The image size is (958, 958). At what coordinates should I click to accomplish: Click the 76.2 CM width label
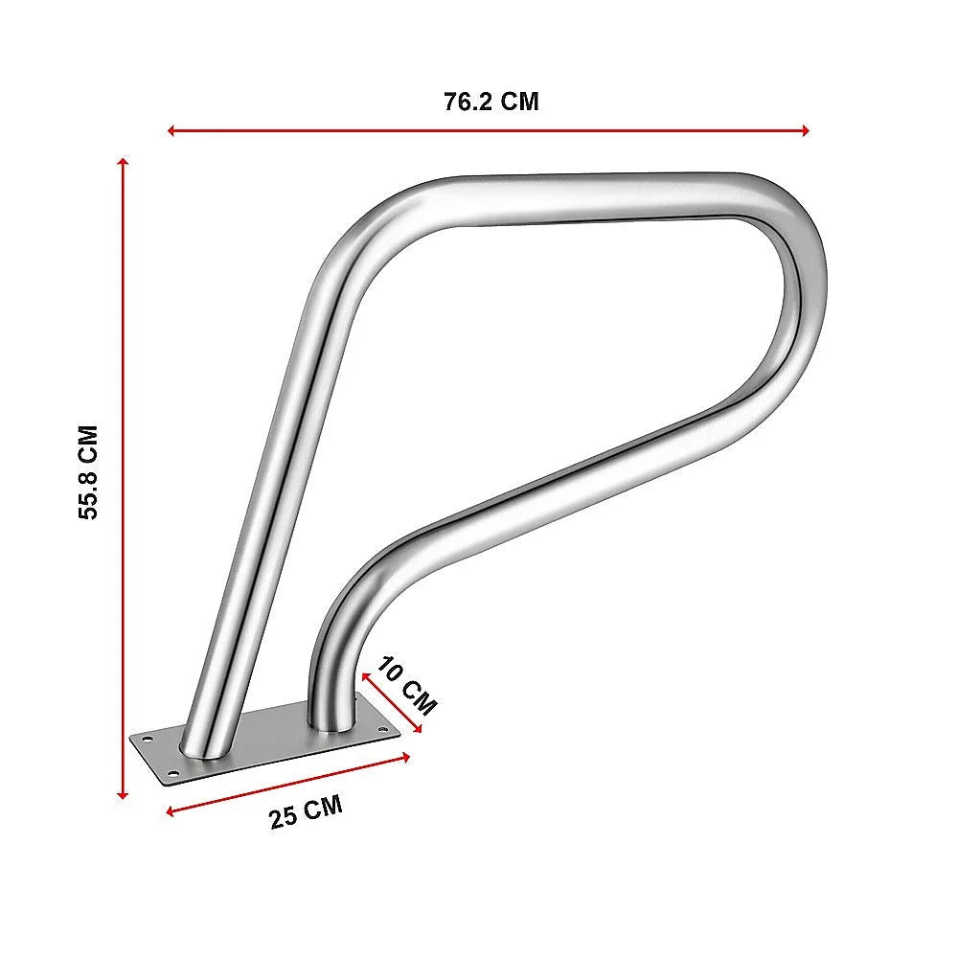(490, 102)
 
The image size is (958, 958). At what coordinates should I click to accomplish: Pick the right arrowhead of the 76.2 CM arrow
(806, 130)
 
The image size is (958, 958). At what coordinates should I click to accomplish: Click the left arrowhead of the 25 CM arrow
(171, 812)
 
